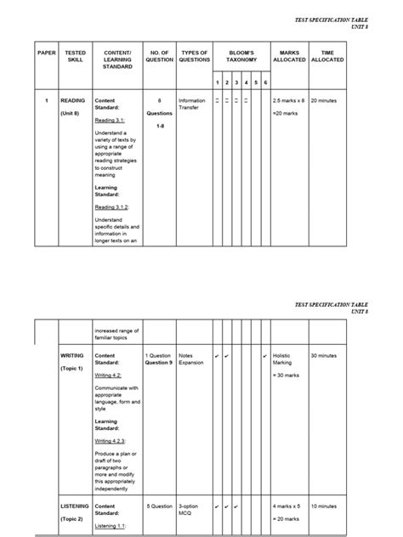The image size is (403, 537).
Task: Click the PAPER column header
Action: click(47, 53)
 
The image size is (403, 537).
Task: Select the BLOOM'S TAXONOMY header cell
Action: click(241, 56)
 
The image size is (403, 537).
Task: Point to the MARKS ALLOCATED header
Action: click(289, 56)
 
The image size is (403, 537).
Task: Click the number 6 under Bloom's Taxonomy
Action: click(265, 82)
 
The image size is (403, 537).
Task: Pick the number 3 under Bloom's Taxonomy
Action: click(236, 82)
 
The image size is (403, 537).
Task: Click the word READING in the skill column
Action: click(73, 100)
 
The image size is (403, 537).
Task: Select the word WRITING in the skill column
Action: click(71, 355)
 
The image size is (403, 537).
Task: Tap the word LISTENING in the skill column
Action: click(75, 506)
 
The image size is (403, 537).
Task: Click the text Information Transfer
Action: click(191, 105)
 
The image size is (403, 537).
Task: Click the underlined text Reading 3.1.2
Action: click(111, 206)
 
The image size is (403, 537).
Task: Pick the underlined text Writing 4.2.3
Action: click(111, 441)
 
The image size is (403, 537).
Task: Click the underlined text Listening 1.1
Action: click(111, 526)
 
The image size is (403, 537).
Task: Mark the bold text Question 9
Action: click(158, 363)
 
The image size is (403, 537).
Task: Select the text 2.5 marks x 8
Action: click(288, 100)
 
